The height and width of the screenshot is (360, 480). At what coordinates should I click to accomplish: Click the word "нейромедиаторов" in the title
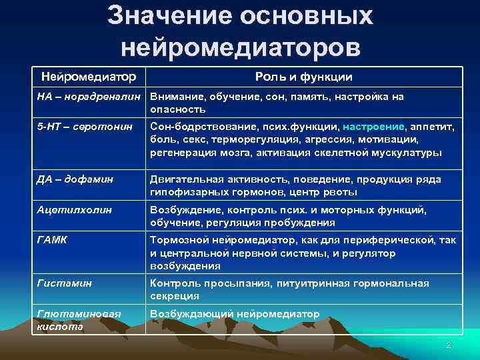tap(241, 47)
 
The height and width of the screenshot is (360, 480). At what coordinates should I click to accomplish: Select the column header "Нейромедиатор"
tap(89, 77)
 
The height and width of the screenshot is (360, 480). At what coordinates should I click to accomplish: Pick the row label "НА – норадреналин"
tap(90, 97)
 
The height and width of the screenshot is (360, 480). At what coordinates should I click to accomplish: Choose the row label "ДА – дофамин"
tap(75, 179)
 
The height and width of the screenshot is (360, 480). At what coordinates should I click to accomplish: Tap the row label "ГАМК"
tap(52, 241)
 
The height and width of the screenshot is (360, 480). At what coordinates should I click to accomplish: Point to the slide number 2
tap(449, 345)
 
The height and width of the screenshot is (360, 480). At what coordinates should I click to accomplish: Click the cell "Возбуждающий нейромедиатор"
tap(235, 314)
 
